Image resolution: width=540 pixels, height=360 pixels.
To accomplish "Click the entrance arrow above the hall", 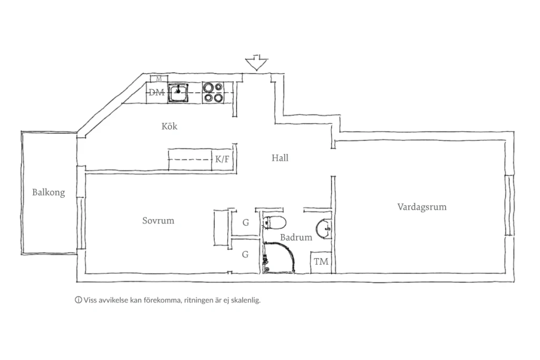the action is (x=256, y=62).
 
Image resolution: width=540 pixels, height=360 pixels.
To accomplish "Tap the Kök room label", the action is (x=169, y=127).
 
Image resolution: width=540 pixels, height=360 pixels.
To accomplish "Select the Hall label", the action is (x=280, y=158).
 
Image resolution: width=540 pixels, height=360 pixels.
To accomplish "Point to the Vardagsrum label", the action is (x=422, y=207).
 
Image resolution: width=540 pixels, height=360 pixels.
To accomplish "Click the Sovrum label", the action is (x=158, y=221).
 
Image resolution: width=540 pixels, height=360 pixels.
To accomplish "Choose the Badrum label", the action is (x=296, y=237).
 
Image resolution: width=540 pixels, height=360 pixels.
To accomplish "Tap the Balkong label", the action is (x=49, y=192).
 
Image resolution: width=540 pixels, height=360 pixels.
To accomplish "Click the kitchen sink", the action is (x=178, y=93).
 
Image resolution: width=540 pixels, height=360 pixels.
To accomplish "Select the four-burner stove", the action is (x=213, y=92).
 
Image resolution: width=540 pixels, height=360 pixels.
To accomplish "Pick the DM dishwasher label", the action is (x=156, y=92).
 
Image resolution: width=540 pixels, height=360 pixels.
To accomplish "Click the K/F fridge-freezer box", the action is (x=222, y=160).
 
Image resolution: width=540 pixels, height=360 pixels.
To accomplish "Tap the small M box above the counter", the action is (x=159, y=79).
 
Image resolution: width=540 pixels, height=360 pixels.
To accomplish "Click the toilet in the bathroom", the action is (x=274, y=222).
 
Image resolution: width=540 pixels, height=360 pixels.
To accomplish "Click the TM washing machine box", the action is (x=321, y=262).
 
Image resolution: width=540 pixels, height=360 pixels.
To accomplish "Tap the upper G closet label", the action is (x=246, y=222).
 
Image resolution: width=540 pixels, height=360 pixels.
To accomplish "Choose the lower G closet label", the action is (x=245, y=255).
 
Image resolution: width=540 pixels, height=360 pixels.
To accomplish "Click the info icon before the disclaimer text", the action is (x=79, y=300).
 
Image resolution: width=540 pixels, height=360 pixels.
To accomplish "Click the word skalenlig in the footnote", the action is (x=246, y=300).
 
